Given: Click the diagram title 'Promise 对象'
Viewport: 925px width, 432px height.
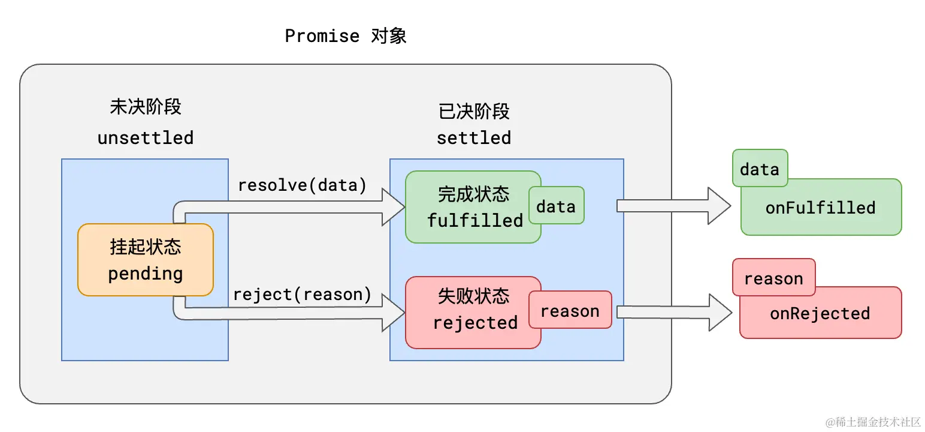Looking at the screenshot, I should pyautogui.click(x=346, y=36).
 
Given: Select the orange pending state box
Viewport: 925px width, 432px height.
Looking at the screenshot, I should pyautogui.click(x=146, y=260).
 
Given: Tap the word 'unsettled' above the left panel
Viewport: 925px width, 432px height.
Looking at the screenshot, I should pyautogui.click(x=146, y=138).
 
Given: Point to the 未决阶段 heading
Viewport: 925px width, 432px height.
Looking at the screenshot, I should pyautogui.click(x=146, y=107).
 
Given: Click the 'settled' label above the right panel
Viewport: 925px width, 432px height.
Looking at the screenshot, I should pyautogui.click(x=473, y=138).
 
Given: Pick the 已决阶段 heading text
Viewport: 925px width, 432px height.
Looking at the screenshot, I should pyautogui.click(x=473, y=112).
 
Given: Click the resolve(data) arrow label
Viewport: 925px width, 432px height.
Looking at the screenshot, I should pyautogui.click(x=302, y=185).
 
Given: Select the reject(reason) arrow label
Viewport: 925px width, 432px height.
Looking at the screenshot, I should pyautogui.click(x=302, y=295).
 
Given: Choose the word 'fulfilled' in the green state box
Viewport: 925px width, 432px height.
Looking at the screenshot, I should pyautogui.click(x=475, y=220).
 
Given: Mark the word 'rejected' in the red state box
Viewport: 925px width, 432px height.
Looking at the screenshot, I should pyautogui.click(x=475, y=323).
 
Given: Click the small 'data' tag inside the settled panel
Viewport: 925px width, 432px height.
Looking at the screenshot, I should pyautogui.click(x=555, y=206).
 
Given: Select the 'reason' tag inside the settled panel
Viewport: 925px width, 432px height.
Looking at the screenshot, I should pyautogui.click(x=570, y=311).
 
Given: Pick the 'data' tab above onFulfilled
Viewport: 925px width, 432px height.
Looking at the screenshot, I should pyautogui.click(x=759, y=169).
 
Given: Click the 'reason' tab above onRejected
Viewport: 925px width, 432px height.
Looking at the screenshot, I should pyautogui.click(x=773, y=278).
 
